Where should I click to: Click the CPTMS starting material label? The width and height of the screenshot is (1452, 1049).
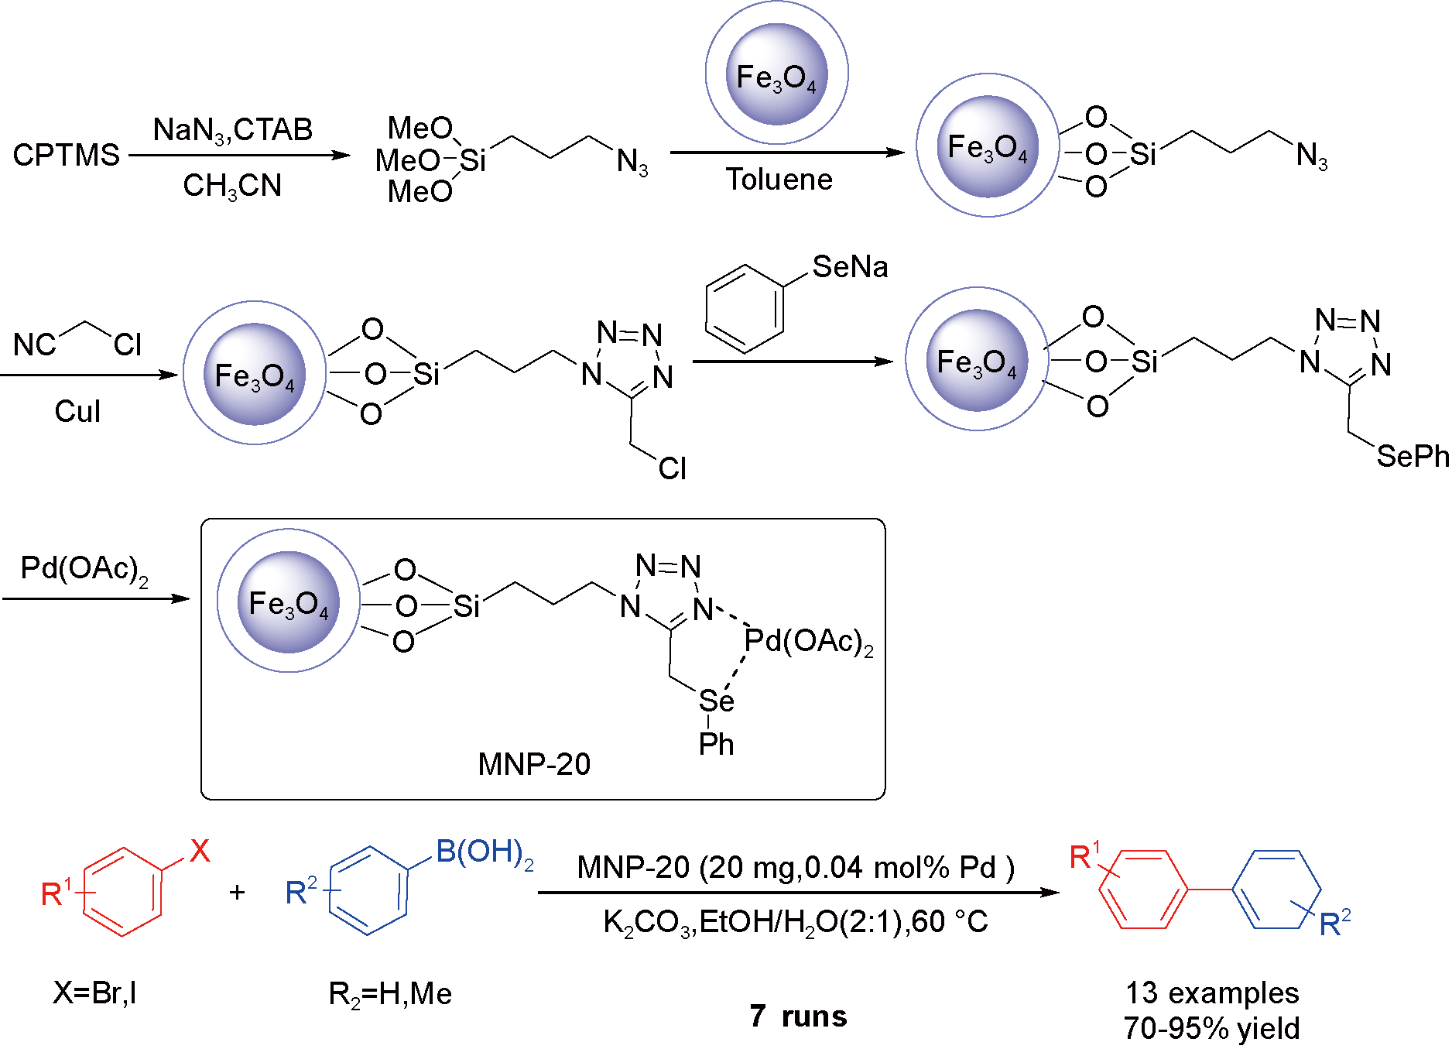tap(67, 156)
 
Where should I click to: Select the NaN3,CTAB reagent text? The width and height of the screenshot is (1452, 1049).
tap(232, 130)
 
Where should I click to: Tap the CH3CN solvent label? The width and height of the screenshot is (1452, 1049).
tap(232, 187)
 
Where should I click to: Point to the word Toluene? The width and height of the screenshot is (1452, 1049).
tap(779, 180)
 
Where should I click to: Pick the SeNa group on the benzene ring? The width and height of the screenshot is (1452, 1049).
tap(850, 267)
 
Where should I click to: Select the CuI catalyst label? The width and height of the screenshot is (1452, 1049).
tap(77, 411)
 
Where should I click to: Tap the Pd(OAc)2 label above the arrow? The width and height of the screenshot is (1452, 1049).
tap(84, 570)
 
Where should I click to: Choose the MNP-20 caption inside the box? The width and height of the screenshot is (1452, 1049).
tap(534, 765)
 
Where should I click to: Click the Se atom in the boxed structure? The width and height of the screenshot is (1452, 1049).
tap(716, 701)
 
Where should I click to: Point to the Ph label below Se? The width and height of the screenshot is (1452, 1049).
tap(716, 745)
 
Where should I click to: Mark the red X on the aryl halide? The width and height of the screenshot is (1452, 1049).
tap(200, 851)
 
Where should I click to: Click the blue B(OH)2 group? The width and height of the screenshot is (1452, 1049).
tap(485, 852)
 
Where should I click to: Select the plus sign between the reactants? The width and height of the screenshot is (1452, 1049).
tap(237, 893)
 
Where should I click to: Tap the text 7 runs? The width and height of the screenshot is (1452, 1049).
tap(798, 1016)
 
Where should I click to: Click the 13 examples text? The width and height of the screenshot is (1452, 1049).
tap(1212, 992)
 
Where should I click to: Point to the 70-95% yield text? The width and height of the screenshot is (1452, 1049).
tap(1212, 1029)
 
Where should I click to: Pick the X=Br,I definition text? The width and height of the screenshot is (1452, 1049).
tap(94, 992)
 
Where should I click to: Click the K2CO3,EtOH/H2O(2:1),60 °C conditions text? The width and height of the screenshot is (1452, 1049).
tap(795, 922)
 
